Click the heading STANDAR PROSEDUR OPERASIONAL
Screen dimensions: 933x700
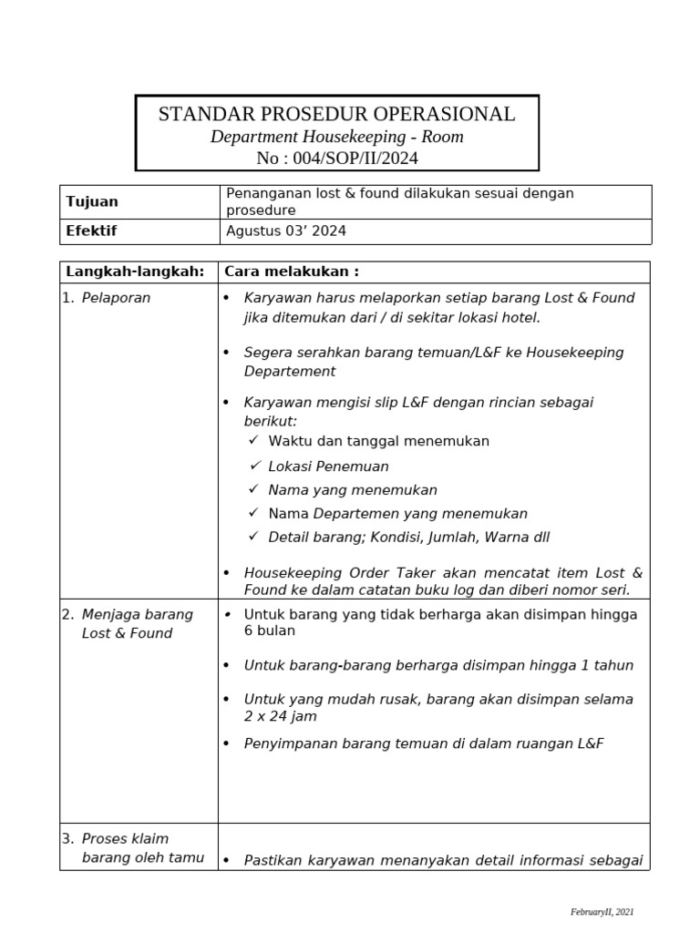[x=336, y=115]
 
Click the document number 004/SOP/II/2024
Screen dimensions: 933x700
[x=337, y=159]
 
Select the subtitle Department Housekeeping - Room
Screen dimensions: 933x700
[x=336, y=137]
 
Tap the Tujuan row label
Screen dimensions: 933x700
[x=92, y=201]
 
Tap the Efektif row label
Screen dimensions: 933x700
[x=91, y=231]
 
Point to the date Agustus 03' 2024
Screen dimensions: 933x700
[x=285, y=231]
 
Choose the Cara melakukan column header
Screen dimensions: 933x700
[x=292, y=272]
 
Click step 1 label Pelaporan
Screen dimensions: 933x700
[x=116, y=298]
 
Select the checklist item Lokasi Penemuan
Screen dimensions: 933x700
[x=328, y=466]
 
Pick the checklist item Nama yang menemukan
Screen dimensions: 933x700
[x=353, y=490]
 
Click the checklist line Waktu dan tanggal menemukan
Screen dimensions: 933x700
[x=378, y=441]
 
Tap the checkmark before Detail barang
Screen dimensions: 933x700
[x=254, y=537]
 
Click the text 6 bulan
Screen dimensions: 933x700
[x=270, y=631]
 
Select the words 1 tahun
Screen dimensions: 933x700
[x=606, y=665]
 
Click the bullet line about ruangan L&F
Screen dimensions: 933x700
[x=424, y=743]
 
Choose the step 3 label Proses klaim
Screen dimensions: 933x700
[x=125, y=838]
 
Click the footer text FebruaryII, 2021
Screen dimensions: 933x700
[x=602, y=911]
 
